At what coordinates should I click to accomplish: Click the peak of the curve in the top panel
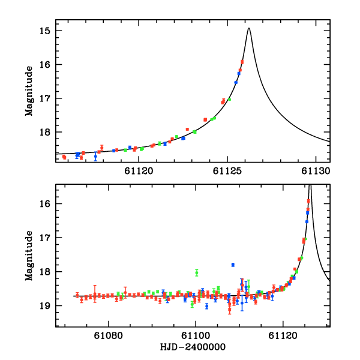coord(249,28)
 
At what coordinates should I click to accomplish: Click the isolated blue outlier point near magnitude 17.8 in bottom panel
coord(233,265)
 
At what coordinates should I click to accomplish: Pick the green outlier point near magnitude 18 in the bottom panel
coord(196,272)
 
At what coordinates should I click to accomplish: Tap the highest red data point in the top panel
coord(242,62)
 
